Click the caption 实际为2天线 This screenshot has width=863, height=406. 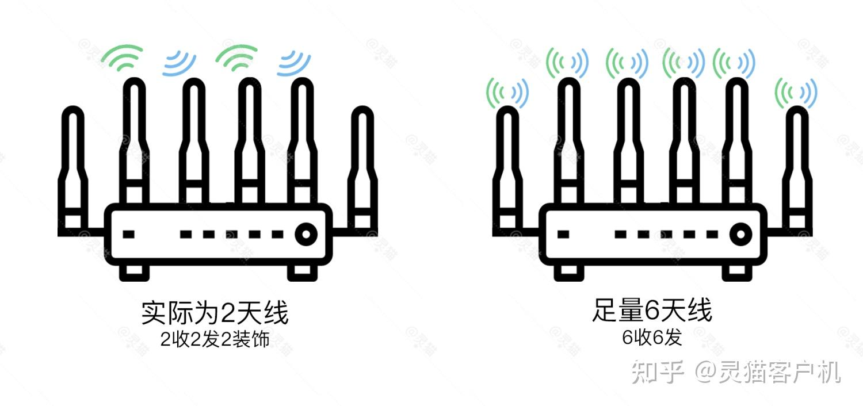click(215, 313)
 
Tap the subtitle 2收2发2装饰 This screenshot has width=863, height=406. click(215, 339)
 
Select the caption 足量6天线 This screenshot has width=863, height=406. click(651, 311)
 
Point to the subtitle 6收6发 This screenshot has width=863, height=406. click(652, 338)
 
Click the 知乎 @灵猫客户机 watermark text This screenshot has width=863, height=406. click(736, 373)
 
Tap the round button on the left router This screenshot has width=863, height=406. click(306, 234)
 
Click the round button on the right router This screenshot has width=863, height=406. click(741, 234)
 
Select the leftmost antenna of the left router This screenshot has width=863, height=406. click(73, 167)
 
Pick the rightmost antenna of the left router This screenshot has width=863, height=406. click(362, 167)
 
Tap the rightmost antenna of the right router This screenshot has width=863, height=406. click(797, 167)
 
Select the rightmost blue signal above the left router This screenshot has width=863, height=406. click(294, 63)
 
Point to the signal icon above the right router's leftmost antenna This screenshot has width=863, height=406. click(507, 92)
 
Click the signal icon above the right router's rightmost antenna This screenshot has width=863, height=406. click(796, 92)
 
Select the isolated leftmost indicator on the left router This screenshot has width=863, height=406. click(129, 234)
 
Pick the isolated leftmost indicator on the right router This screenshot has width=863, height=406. click(564, 234)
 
